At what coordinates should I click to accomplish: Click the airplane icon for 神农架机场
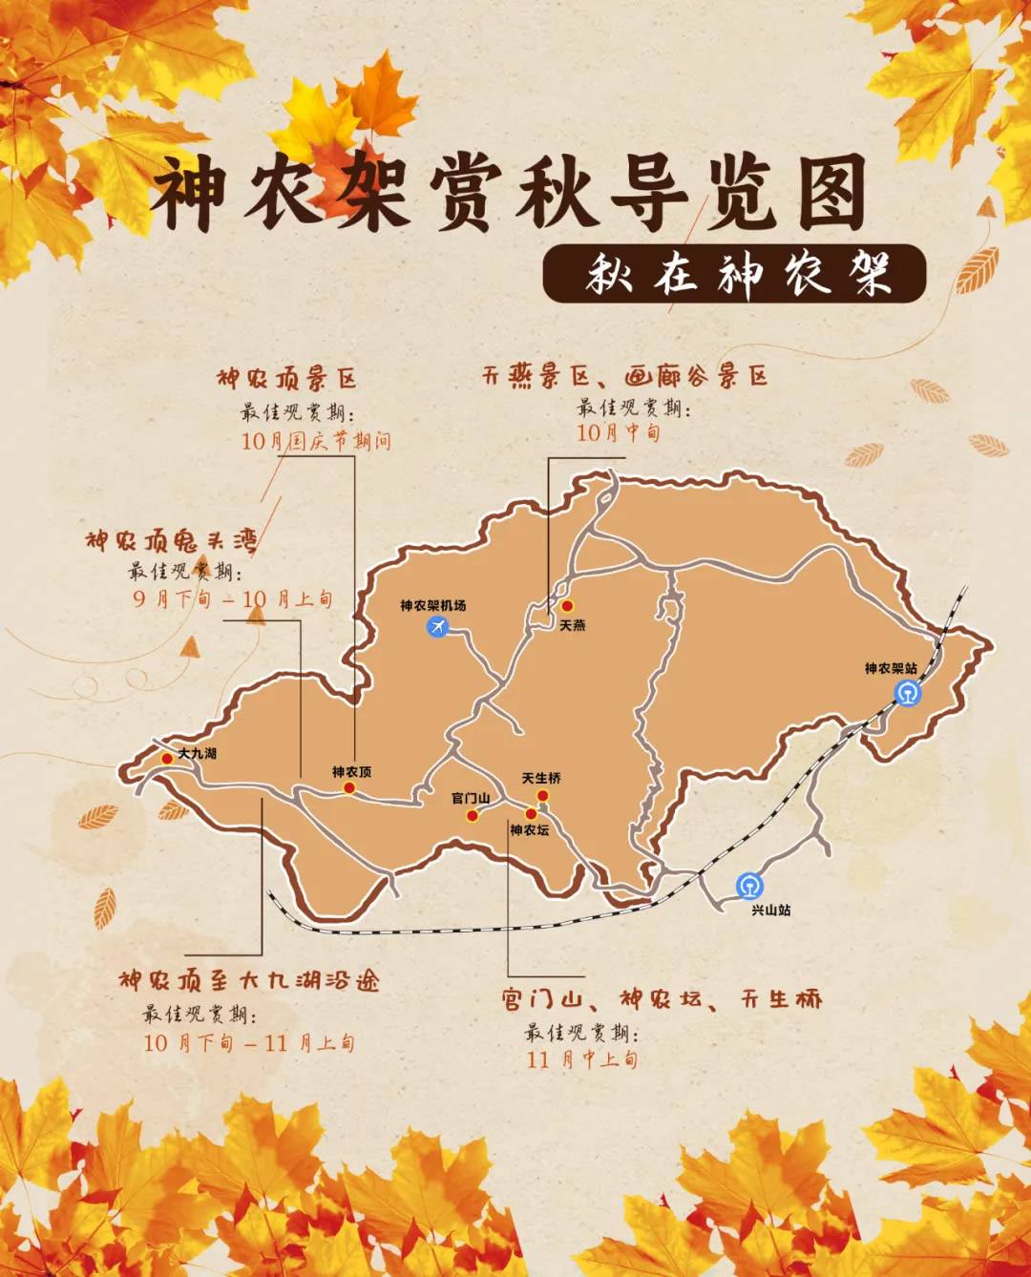[437, 627]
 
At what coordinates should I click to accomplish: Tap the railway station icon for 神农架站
[909, 692]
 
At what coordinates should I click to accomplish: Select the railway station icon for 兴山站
[749, 887]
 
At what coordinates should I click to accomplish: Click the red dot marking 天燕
[566, 606]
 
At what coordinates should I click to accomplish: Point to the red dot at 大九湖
[167, 759]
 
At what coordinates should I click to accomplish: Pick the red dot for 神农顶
[349, 788]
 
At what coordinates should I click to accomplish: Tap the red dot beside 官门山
[472, 815]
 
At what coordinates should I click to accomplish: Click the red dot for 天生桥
[542, 796]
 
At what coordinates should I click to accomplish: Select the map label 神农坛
[529, 830]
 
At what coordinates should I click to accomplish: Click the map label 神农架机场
[432, 606]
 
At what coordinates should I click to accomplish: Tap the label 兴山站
[770, 911]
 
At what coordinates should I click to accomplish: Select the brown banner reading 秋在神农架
[734, 274]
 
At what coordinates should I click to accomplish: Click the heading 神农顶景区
[286, 379]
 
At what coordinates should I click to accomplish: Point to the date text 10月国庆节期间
[316, 441]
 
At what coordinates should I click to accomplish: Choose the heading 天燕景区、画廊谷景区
[624, 376]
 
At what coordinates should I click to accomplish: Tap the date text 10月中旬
[618, 432]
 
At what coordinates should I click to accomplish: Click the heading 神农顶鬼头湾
[172, 541]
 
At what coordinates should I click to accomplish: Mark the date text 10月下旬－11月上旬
[249, 1042]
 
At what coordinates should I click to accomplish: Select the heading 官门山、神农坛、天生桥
[662, 999]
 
